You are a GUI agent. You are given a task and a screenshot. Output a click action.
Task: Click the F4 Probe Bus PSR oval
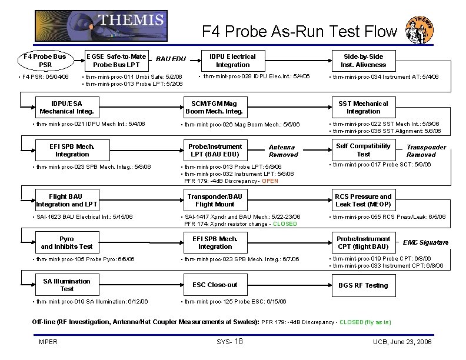coord(45,60)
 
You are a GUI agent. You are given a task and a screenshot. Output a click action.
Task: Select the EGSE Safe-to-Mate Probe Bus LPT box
coord(116,60)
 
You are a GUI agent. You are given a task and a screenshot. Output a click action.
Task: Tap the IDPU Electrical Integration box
coord(232,60)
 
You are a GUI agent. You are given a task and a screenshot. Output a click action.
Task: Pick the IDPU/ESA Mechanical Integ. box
coord(66,107)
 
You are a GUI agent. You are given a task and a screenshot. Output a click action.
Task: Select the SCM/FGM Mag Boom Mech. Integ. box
coord(214,107)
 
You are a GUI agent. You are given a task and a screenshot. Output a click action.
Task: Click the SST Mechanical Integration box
coord(363,107)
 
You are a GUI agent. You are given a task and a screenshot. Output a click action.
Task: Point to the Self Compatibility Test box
coord(363,150)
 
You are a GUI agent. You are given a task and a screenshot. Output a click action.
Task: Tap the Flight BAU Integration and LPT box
coord(66,200)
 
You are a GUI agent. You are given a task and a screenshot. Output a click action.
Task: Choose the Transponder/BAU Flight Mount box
coord(214,200)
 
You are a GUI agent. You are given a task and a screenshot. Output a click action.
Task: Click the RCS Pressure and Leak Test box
coord(363,200)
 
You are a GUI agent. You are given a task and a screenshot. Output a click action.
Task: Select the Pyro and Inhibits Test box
coord(66,242)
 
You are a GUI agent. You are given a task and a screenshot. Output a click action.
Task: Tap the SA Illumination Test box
coord(66,285)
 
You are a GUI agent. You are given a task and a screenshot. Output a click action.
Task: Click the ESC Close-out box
coord(214,285)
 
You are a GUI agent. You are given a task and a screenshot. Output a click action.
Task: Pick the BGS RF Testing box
coord(363,285)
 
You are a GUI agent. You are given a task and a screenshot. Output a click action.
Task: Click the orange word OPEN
coord(270,181)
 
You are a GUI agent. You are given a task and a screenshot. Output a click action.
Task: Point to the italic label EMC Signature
coord(425,242)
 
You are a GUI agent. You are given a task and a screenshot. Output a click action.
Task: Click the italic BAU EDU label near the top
coord(171,59)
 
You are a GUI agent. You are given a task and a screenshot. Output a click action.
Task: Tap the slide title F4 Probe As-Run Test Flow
coord(299,30)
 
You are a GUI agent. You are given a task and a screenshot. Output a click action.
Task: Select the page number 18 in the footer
coord(239,342)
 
